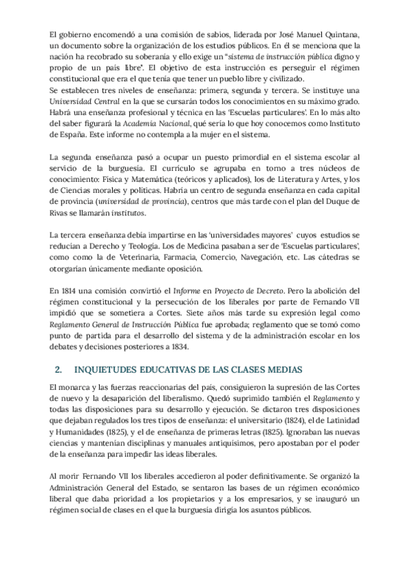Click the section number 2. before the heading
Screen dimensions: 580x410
point(58,369)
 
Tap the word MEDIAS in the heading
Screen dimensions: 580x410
point(296,369)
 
